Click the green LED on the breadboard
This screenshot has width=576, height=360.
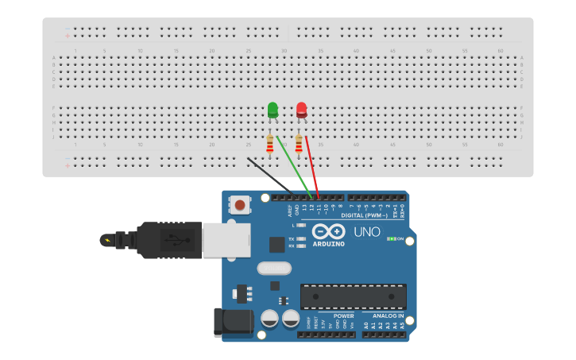point(273,110)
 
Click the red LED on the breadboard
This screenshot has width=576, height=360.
point(302,110)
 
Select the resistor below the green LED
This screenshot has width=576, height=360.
point(270,144)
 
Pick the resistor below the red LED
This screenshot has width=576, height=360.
point(299,144)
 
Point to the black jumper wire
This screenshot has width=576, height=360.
point(269,175)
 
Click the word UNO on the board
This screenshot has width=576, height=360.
point(366,232)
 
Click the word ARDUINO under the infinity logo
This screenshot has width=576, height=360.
point(328,244)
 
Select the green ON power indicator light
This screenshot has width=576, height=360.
point(391,238)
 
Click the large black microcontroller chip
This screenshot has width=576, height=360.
point(353,296)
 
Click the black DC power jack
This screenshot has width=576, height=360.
point(232,322)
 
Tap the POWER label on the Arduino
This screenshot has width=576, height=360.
point(343,315)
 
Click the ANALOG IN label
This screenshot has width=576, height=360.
point(389,315)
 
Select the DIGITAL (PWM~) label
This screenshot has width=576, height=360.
point(364,215)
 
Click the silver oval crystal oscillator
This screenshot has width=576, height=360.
point(274,269)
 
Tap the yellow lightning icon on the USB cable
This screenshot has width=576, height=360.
point(106,239)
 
